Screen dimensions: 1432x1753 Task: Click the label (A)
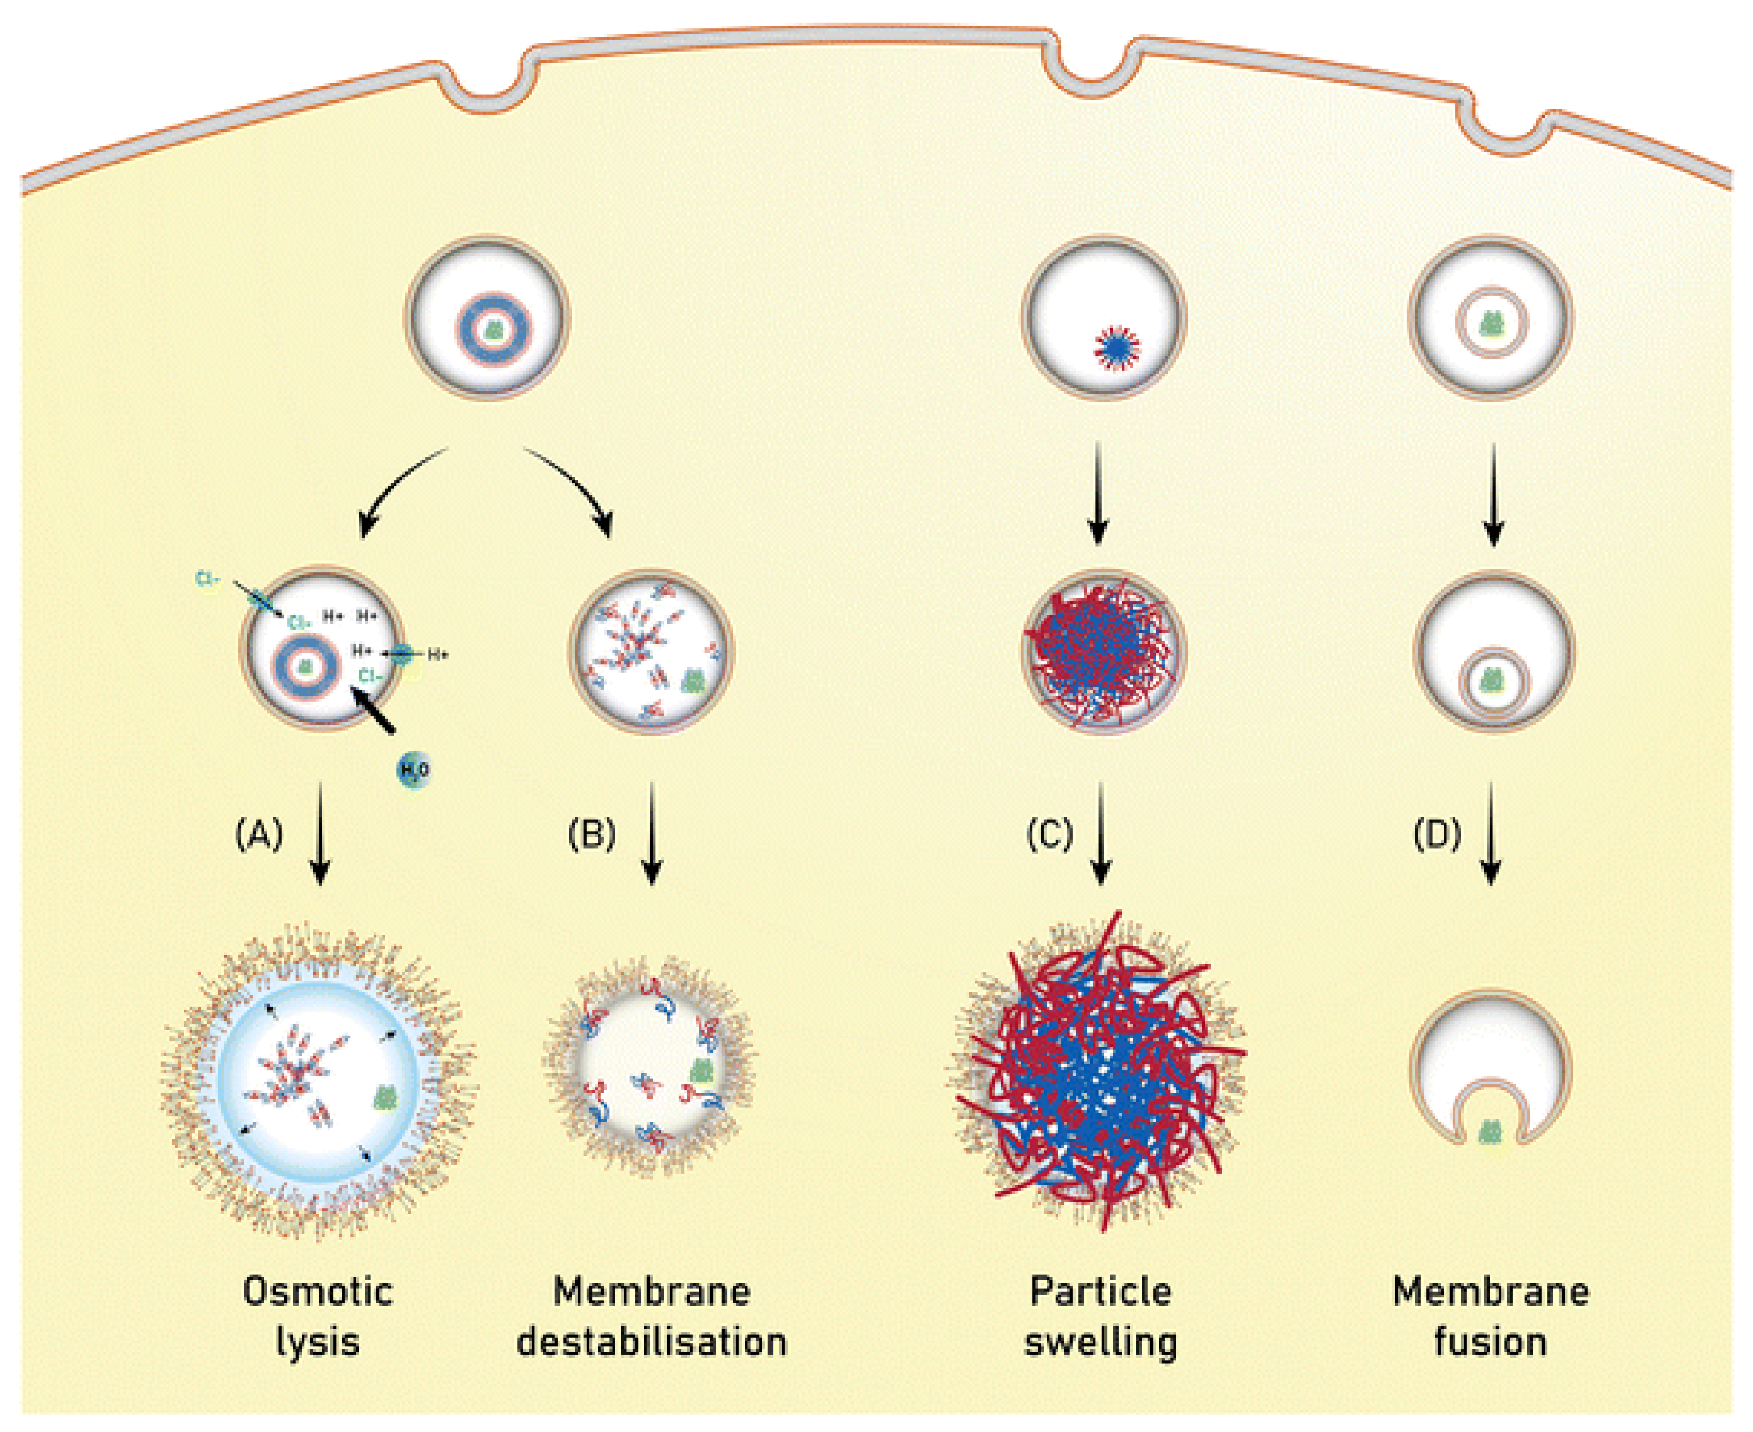tap(259, 835)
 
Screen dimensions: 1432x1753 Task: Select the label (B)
tap(592, 835)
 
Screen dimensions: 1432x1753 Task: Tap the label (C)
tap(1049, 835)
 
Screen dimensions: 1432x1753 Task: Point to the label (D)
tap(1437, 835)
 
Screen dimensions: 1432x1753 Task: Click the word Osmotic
tap(318, 1292)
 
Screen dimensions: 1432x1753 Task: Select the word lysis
tap(318, 1343)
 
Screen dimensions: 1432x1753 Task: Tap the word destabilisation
tap(652, 1343)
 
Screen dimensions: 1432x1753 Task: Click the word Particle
tap(1100, 1292)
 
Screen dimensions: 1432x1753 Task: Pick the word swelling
tap(1100, 1343)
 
